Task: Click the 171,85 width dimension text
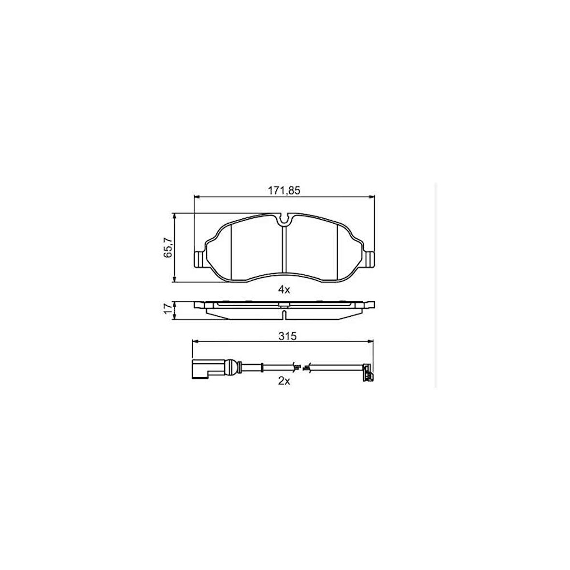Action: (284, 190)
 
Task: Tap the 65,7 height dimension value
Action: (168, 247)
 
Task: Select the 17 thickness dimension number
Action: (168, 309)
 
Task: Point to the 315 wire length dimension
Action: (287, 336)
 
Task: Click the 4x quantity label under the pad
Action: (284, 290)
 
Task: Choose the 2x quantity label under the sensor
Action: (284, 381)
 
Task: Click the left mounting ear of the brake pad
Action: (199, 259)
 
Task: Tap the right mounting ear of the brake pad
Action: (369, 259)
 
